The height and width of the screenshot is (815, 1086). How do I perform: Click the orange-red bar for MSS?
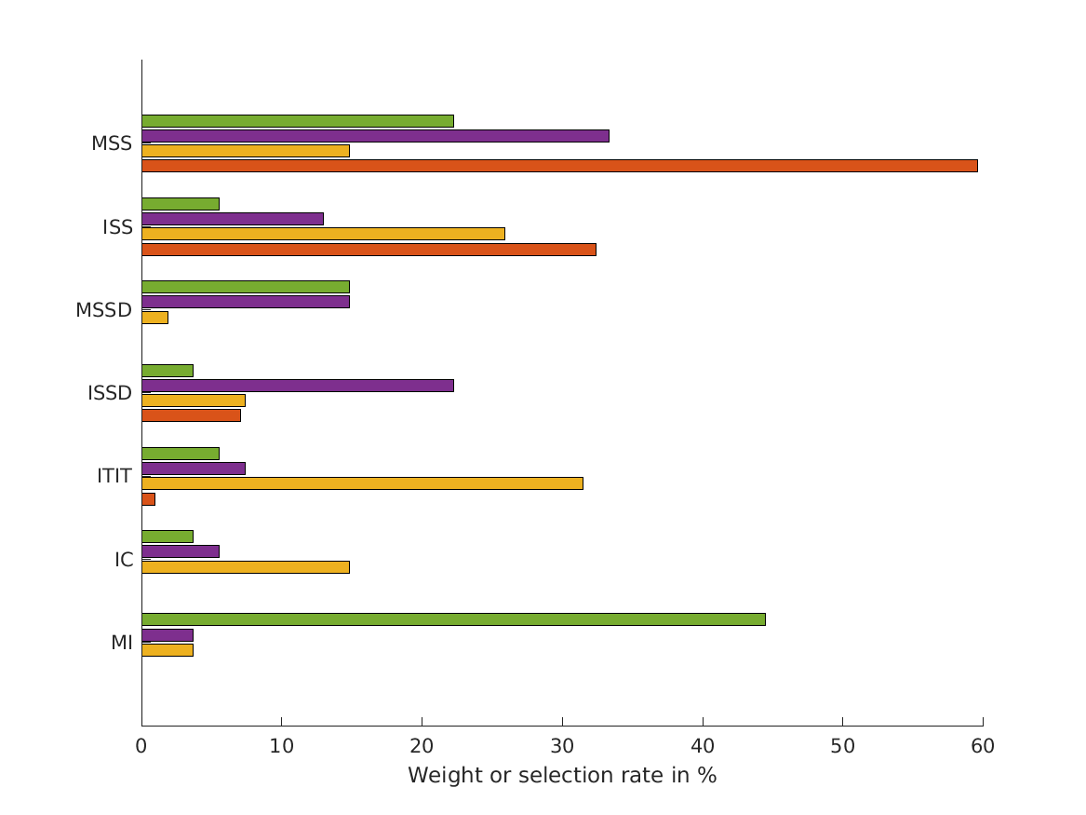[x=558, y=166]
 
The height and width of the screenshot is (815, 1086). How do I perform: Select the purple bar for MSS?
[x=375, y=136]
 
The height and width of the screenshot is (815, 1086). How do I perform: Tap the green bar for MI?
[x=453, y=619]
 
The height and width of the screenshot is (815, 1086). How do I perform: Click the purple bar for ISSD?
[x=297, y=386]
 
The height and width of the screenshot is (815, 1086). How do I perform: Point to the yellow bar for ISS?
[x=323, y=234]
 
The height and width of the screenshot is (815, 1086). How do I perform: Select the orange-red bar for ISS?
[x=369, y=250]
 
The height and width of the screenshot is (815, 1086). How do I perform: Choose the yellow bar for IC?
[x=245, y=567]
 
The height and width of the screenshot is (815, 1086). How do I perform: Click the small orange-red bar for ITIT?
[x=148, y=499]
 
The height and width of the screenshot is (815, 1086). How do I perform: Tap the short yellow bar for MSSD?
[x=154, y=318]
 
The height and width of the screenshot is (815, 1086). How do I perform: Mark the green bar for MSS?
[x=297, y=121]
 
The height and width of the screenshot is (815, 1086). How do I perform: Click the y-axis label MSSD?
[x=103, y=310]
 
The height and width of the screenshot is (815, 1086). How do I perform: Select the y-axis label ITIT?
[x=114, y=476]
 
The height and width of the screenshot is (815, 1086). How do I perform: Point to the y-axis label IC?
[x=124, y=560]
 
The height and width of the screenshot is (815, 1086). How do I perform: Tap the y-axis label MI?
[x=121, y=643]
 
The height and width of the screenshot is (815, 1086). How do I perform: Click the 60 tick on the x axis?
[x=983, y=746]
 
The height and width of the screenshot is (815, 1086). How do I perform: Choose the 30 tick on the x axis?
[x=562, y=746]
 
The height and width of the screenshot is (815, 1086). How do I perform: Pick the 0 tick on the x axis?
[x=141, y=746]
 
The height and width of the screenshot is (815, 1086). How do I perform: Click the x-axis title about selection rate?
[x=562, y=775]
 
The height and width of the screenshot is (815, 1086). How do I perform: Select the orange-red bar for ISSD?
[x=191, y=415]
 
